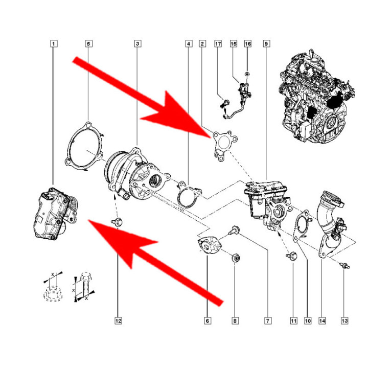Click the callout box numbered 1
pos(54,43)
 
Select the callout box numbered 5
pos(88,43)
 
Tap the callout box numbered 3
pos(138,43)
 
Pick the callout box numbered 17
pos(218,43)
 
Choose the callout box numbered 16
pos(248,43)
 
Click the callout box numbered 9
pos(266,43)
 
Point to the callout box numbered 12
pos(118,320)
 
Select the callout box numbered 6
pos(207,320)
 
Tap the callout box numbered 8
pos(235,320)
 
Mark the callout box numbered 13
pos(344,320)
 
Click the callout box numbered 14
pos(322,320)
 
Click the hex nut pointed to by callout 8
pos(236,258)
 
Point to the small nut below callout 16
pos(247,75)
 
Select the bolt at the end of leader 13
pos(344,265)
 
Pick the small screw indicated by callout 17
pos(225,104)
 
